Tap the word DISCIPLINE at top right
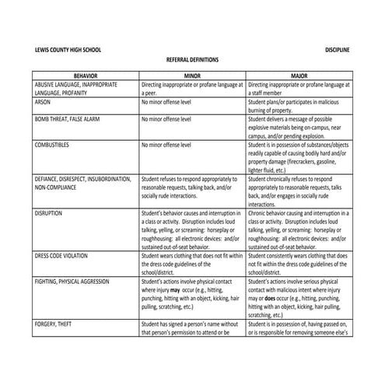[x=337, y=51]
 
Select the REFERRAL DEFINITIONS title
[x=193, y=59]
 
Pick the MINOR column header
[x=192, y=75]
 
